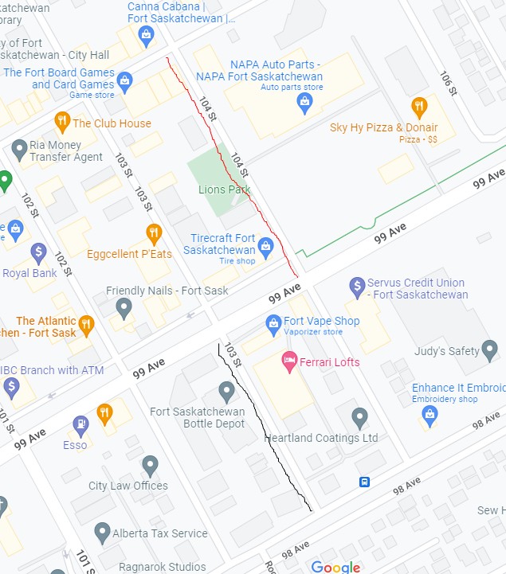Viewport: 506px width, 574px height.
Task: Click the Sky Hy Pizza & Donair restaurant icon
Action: [419, 107]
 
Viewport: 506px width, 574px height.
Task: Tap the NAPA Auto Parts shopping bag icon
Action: [304, 101]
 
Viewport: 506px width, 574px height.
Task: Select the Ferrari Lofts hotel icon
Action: [289, 361]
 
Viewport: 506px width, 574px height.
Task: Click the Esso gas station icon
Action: [80, 424]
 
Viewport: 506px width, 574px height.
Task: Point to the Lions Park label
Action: [224, 189]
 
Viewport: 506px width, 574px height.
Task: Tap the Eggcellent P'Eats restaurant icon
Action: [155, 233]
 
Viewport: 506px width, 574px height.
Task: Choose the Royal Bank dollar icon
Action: [38, 253]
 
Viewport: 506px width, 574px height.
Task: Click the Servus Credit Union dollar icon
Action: [358, 285]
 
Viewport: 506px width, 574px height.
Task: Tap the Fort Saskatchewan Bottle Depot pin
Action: [227, 391]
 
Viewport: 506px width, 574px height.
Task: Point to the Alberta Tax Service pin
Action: [102, 531]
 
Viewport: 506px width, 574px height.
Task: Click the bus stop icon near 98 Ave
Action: [364, 482]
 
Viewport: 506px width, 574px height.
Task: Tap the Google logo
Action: [335, 567]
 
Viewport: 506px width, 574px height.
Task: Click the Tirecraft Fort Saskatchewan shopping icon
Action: [266, 245]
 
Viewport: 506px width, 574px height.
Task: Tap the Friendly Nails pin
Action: [124, 307]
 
